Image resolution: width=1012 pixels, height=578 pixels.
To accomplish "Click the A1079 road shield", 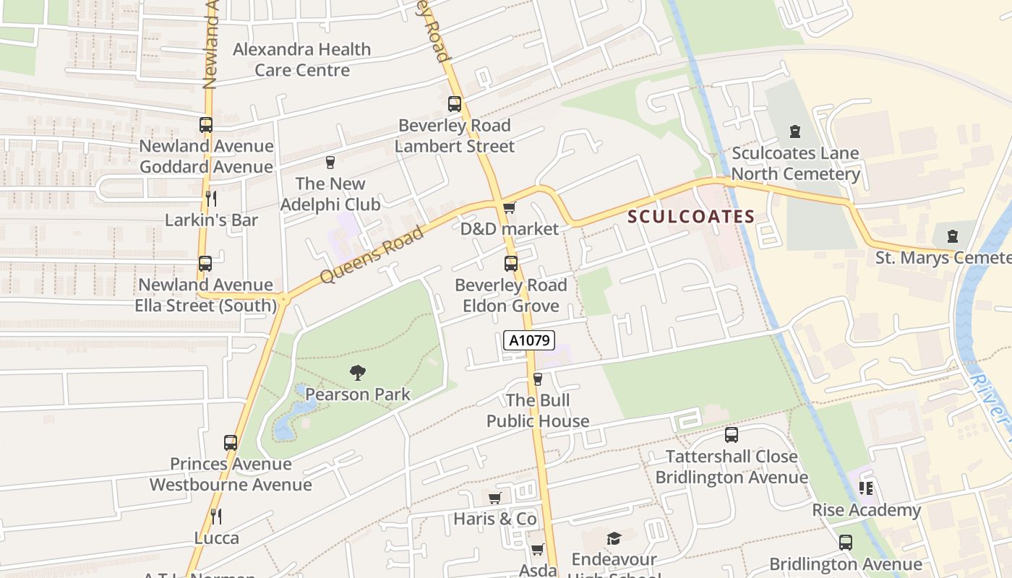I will (528, 340).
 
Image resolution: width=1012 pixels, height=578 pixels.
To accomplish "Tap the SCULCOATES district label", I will (691, 216).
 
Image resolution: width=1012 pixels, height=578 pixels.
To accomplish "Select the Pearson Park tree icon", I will (357, 374).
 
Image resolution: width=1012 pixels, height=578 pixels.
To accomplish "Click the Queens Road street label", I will (372, 255).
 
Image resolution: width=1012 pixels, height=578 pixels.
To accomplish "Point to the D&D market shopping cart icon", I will (509, 208).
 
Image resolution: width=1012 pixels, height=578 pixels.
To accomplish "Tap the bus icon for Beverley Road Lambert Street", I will (455, 104).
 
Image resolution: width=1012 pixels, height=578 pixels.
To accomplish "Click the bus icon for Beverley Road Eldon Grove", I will (511, 264).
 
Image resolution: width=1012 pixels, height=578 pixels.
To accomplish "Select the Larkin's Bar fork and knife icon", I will (211, 199).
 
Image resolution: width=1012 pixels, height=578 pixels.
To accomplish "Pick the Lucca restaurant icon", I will (215, 516).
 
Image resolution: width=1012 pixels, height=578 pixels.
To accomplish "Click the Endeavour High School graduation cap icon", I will (614, 538).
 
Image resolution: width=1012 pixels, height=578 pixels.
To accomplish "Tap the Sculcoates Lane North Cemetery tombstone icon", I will (795, 132).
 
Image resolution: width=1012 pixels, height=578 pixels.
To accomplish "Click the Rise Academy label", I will (867, 510).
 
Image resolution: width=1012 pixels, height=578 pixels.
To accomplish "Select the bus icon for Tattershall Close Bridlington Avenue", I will (732, 435).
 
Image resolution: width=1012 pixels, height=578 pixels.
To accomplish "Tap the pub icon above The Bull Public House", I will (537, 379).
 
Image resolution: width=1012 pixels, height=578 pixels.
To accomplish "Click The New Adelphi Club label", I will (330, 194).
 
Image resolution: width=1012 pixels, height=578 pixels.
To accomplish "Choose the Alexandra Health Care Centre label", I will (302, 60).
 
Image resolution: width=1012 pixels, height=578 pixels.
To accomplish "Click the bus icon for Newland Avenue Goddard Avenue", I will (206, 125).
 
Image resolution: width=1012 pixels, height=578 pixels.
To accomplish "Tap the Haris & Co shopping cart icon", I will (495, 498).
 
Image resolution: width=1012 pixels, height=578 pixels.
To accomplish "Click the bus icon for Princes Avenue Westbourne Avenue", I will (231, 443).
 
